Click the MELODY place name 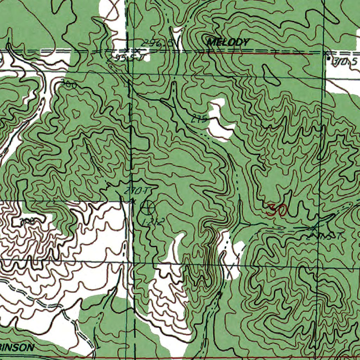(228, 43)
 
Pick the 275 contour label (199, 120)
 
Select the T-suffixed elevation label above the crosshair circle (136, 191)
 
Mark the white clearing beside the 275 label (220, 121)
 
